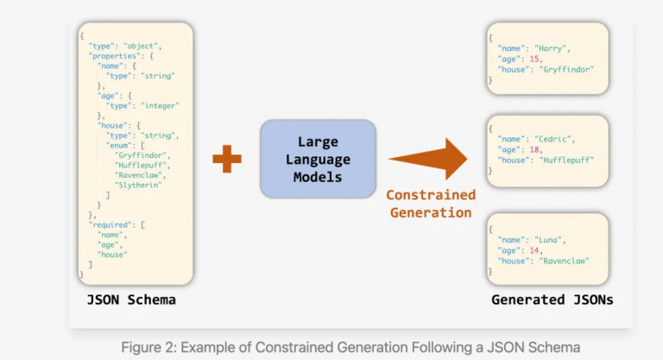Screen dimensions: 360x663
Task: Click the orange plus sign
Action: (x=226, y=158)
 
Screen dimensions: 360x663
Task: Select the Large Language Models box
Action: (x=318, y=158)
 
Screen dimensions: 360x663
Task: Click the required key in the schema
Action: (x=109, y=224)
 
